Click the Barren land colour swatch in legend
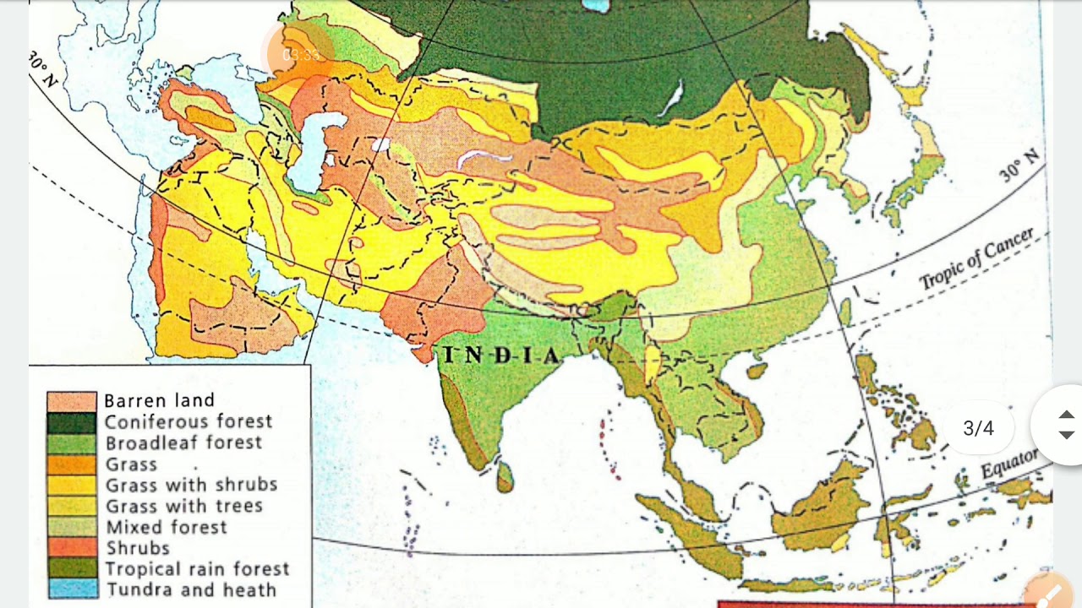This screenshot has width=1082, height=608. click(71, 401)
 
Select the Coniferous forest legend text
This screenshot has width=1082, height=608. click(189, 421)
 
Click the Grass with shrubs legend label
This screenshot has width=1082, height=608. click(191, 485)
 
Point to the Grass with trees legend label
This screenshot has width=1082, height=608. click(183, 506)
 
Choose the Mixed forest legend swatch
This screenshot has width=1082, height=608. click(71, 527)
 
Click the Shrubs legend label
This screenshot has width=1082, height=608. click(137, 548)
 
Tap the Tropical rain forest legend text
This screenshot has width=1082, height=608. click(197, 569)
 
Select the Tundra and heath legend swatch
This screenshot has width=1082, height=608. click(71, 589)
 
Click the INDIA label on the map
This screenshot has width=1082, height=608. click(501, 356)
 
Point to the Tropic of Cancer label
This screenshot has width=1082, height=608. click(976, 259)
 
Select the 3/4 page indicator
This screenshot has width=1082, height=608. click(978, 429)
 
